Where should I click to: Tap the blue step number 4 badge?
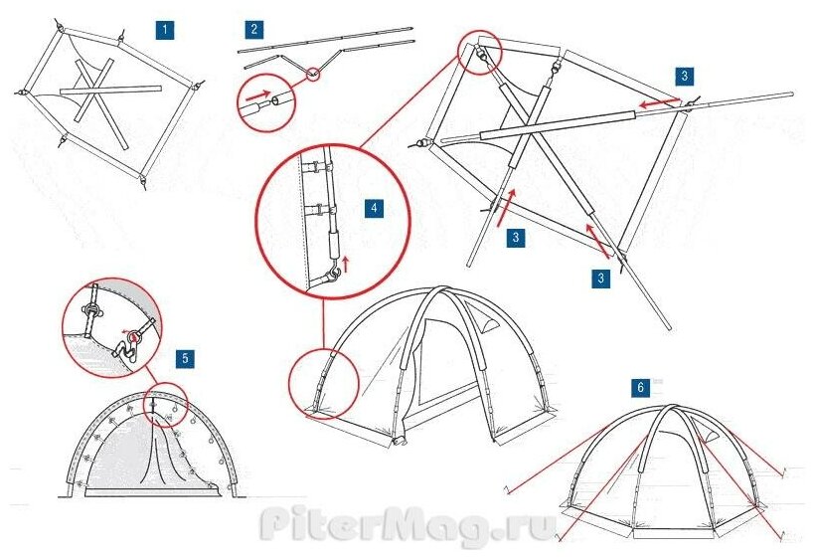[x=373, y=208]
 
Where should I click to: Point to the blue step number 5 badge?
[x=185, y=355]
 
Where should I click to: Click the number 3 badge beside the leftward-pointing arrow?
[x=686, y=76]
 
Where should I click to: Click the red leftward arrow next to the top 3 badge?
[x=657, y=102]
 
